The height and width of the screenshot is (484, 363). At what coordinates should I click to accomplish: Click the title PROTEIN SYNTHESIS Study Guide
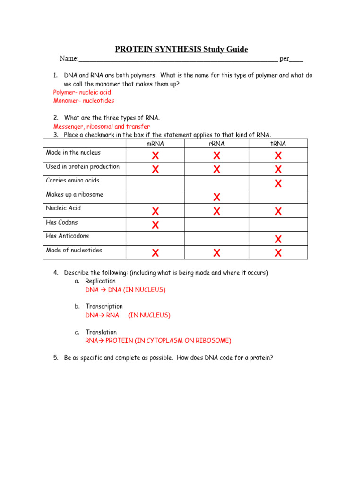pyautogui.click(x=181, y=50)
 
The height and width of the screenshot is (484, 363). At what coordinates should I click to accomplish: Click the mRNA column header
pyautogui.click(x=155, y=144)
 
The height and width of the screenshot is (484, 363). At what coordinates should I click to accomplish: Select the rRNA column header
pyautogui.click(x=216, y=144)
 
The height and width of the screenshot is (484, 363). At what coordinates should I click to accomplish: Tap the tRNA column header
pyautogui.click(x=278, y=144)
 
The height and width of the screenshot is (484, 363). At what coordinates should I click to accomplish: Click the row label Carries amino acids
pyautogui.click(x=72, y=181)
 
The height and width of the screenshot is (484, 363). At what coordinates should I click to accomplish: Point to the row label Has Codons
pyautogui.click(x=62, y=222)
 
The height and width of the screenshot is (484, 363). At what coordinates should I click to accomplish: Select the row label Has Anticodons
pyautogui.click(x=67, y=236)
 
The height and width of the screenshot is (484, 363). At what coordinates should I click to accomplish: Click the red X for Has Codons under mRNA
pyautogui.click(x=155, y=225)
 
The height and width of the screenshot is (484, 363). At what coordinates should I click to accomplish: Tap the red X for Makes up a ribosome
pyautogui.click(x=216, y=197)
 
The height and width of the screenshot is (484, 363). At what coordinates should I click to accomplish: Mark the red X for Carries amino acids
pyautogui.click(x=278, y=183)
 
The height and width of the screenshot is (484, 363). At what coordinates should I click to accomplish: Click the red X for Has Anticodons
pyautogui.click(x=278, y=239)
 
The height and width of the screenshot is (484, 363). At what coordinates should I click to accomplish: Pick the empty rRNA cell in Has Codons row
pyautogui.click(x=216, y=225)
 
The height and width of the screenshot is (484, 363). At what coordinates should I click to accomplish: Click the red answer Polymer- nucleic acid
pyautogui.click(x=82, y=92)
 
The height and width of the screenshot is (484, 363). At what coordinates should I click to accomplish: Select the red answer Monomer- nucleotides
pyautogui.click(x=83, y=101)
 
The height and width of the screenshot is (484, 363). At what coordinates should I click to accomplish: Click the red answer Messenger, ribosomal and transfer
pyautogui.click(x=102, y=127)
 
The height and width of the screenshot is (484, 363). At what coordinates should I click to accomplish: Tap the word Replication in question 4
pyautogui.click(x=100, y=281)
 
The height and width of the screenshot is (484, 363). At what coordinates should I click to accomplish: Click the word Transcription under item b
pyautogui.click(x=104, y=307)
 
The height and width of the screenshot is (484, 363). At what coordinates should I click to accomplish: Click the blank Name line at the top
pyautogui.click(x=178, y=60)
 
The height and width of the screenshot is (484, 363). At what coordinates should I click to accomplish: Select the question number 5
pyautogui.click(x=56, y=358)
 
